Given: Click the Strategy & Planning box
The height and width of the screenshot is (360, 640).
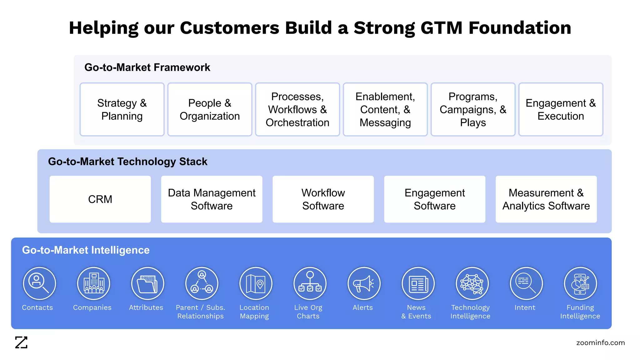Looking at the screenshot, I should coord(122,109).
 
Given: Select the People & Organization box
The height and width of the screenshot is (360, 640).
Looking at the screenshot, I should coord(210,109).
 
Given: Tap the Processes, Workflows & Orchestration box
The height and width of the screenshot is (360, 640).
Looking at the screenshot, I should coord(297,109).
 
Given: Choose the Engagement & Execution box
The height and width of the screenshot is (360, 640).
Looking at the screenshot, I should coord(561,109).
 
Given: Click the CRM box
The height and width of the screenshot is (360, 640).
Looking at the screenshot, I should coord(100,199).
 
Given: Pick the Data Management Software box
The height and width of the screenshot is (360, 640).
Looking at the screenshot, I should coord(212,199).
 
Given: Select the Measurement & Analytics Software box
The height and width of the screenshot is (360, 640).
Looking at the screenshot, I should coord(546,199).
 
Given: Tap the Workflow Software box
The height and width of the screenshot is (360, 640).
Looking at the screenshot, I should coord(323,199).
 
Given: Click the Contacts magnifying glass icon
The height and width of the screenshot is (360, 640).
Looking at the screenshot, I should coord(39,283).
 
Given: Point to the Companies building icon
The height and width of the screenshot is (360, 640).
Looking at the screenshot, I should coord(93,283).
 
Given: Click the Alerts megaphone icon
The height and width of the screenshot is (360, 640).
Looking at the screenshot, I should coord(364,283).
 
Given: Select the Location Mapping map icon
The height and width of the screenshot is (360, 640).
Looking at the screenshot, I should coord(256,283).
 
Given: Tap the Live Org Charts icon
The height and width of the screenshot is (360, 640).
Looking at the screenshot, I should coord(310,283).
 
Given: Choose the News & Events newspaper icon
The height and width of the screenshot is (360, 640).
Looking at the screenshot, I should coord(418,283).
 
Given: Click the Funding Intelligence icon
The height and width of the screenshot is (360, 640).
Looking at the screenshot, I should coord(580,283).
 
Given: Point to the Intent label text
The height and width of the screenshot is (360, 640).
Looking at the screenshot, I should coord(525,307).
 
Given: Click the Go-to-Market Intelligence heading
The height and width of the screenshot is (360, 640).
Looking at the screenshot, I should coord(86,250).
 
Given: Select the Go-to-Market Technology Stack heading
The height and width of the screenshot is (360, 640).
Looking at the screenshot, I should coord(127,162).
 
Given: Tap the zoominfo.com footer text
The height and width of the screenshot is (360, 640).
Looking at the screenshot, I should coord(600,342).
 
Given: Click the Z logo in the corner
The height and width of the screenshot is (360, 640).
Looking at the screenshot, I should coord(21,342).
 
